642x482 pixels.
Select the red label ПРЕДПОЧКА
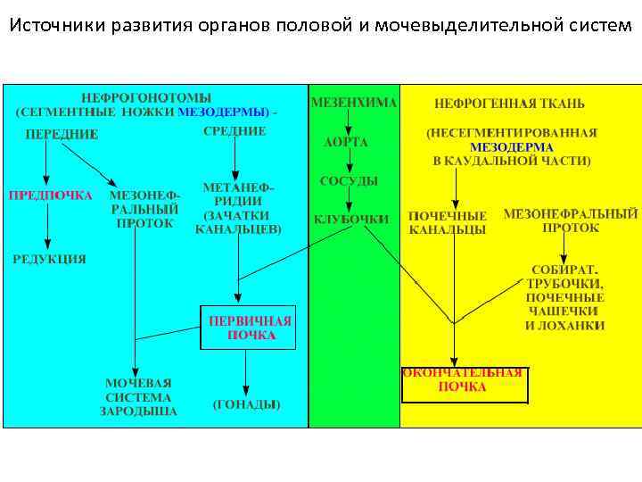point(50,195)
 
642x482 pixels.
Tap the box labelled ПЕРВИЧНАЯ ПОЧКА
point(251,328)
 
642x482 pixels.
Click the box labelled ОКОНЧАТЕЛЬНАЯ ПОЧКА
point(464,380)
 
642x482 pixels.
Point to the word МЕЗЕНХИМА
point(354,103)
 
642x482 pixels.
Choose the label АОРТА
point(345,142)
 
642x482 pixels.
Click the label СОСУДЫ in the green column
point(349,181)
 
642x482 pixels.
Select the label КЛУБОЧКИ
point(350,219)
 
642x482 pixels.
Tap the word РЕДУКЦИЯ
point(49,259)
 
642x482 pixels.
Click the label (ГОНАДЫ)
point(246,404)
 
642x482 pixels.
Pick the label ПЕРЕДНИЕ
point(62,134)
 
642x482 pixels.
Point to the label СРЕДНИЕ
point(235,131)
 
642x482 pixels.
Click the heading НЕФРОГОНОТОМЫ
point(146,96)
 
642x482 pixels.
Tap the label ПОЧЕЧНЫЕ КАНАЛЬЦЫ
point(448,223)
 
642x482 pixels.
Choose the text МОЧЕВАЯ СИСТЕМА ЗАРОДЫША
point(138,397)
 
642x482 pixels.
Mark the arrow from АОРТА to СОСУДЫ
point(350,162)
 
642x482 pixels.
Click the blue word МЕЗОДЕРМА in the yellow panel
point(511,146)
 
